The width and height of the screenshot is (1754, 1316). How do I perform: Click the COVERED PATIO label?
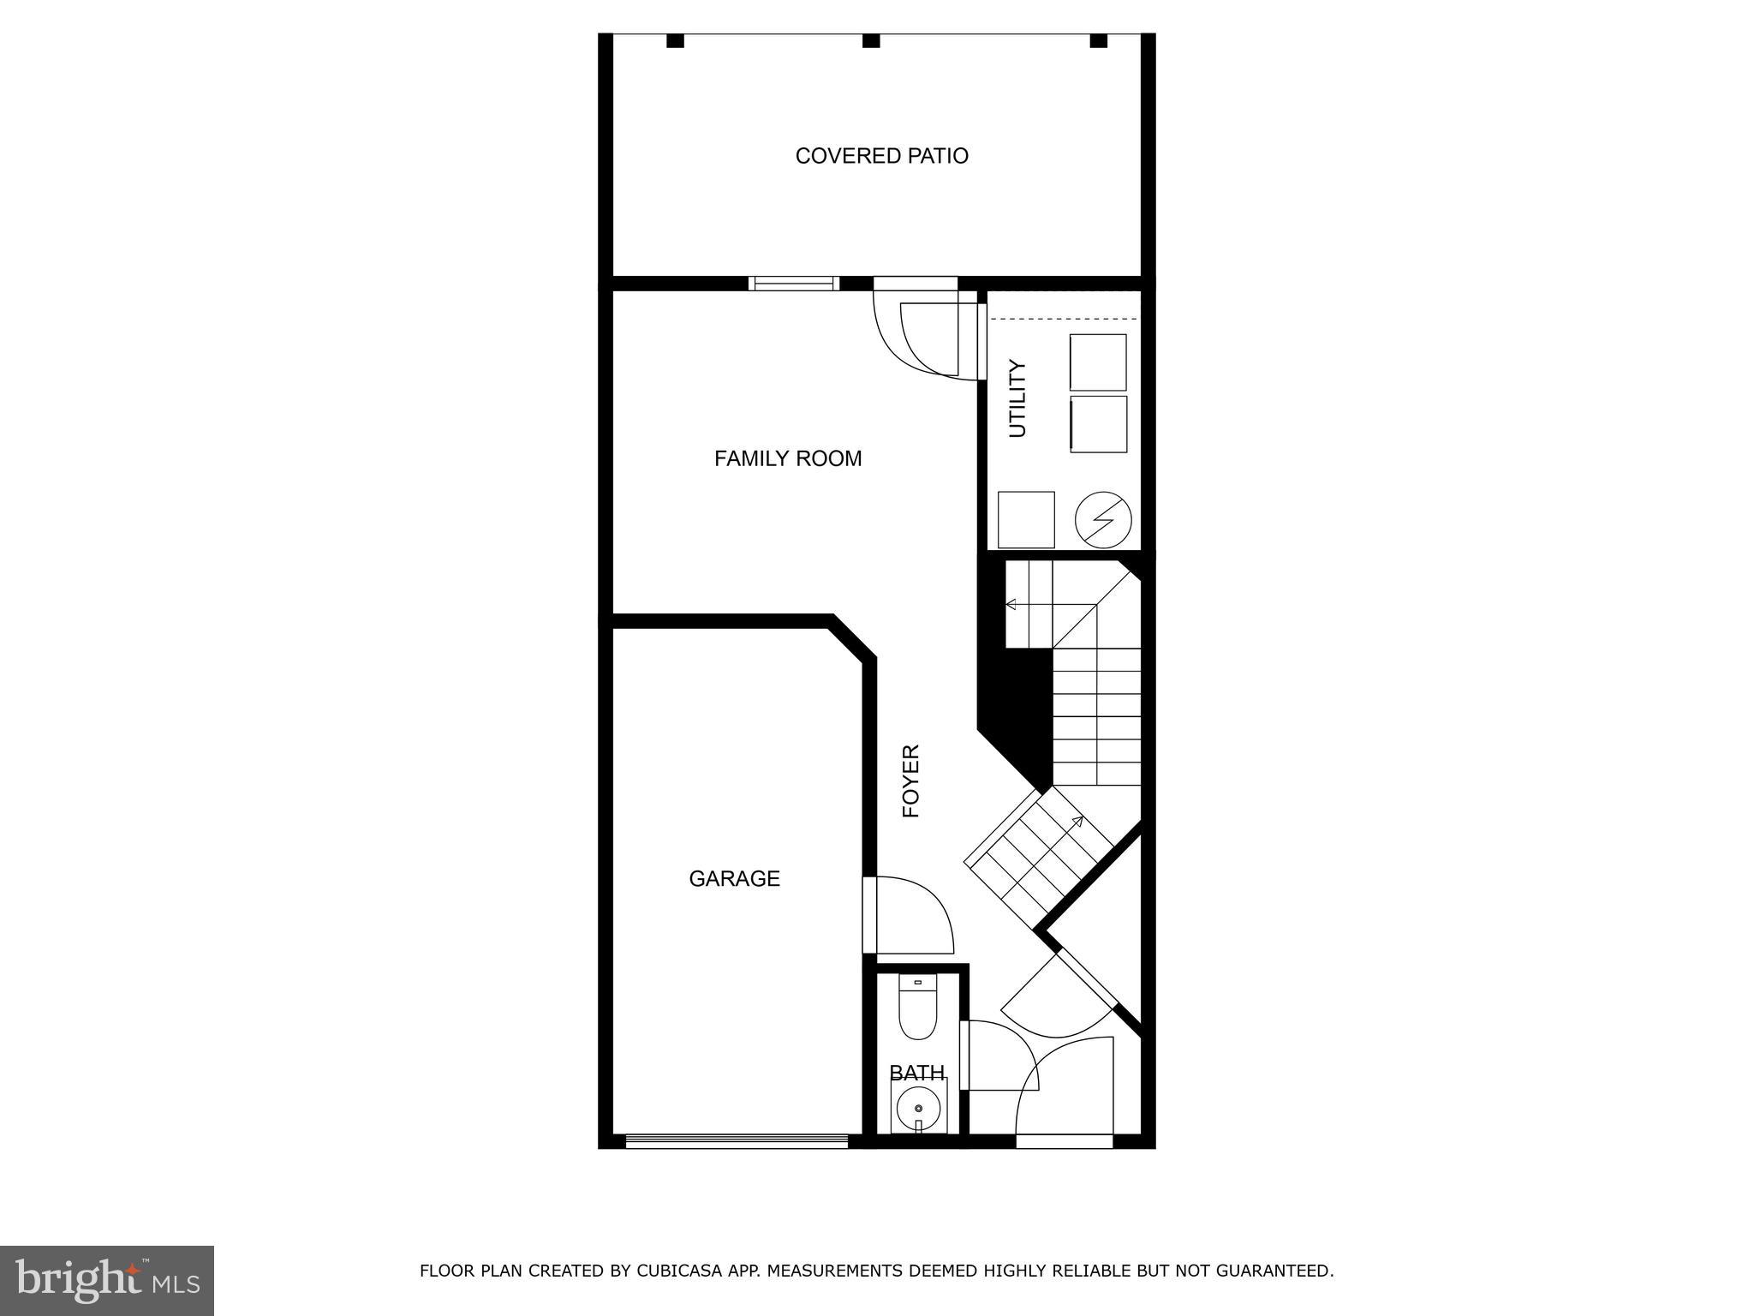pyautogui.click(x=881, y=156)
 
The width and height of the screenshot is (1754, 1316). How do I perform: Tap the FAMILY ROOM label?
pyautogui.click(x=788, y=458)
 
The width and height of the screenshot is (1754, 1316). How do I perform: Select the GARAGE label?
pyautogui.click(x=734, y=878)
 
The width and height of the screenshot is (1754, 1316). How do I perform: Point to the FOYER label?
pyautogui.click(x=911, y=781)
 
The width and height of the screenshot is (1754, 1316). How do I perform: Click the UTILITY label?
pyautogui.click(x=1017, y=398)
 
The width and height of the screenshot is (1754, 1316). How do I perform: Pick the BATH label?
pyautogui.click(x=916, y=1073)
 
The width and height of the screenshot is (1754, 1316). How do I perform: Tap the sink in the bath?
pyautogui.click(x=918, y=1107)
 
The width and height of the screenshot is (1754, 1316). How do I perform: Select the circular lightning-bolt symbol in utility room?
pyautogui.click(x=1103, y=519)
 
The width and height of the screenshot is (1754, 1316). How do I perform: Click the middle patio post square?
pyautogui.click(x=871, y=40)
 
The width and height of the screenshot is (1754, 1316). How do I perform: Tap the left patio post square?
pyautogui.click(x=675, y=40)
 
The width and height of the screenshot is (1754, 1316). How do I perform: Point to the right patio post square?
pyautogui.click(x=1098, y=40)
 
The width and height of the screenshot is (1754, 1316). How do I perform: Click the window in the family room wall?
pyautogui.click(x=793, y=284)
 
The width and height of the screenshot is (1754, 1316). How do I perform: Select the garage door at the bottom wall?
pyautogui.click(x=737, y=1140)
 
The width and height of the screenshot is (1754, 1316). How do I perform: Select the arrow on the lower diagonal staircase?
pyautogui.click(x=1077, y=822)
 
